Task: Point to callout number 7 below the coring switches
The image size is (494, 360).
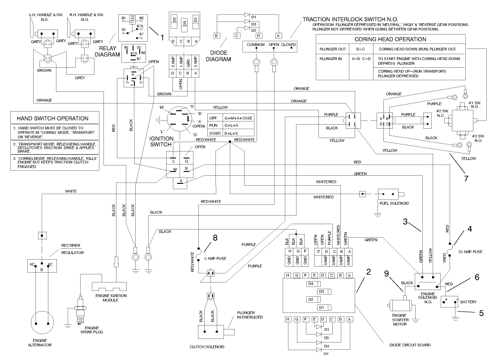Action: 466,178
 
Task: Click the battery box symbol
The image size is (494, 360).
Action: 449,301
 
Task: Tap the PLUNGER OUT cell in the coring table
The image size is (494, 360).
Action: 332,49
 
